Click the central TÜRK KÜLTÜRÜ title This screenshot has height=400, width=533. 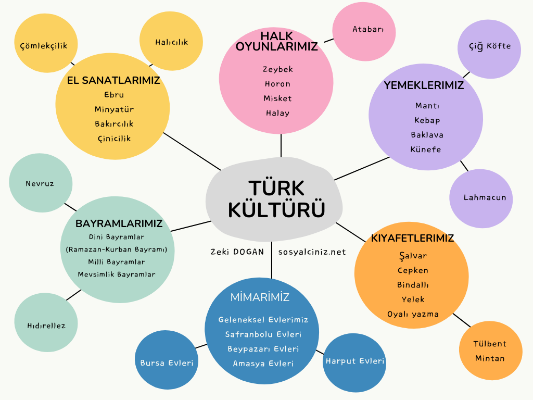276,199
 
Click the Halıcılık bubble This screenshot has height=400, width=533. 171,42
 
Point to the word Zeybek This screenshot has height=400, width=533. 277,69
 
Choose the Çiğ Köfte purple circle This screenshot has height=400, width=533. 489,46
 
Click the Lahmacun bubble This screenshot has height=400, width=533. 481,198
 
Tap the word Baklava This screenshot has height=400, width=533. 427,135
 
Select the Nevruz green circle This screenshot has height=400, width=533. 40,183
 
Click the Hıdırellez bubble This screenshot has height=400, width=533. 46,326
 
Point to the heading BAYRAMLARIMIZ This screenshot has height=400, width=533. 119,223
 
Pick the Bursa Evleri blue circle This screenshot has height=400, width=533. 167,362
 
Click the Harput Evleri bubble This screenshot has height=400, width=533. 354,361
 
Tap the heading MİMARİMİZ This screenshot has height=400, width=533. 260,297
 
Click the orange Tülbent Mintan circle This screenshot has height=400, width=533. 490,351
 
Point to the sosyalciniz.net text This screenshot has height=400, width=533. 312,252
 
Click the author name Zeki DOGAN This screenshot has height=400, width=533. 237,252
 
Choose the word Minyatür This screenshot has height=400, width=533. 114,109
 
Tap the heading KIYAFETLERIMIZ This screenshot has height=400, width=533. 412,238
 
